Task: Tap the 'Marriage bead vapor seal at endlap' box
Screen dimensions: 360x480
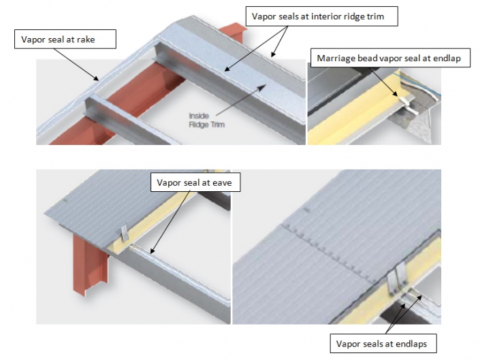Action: tap(389, 58)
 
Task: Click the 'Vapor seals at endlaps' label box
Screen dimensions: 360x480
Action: tap(381, 344)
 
